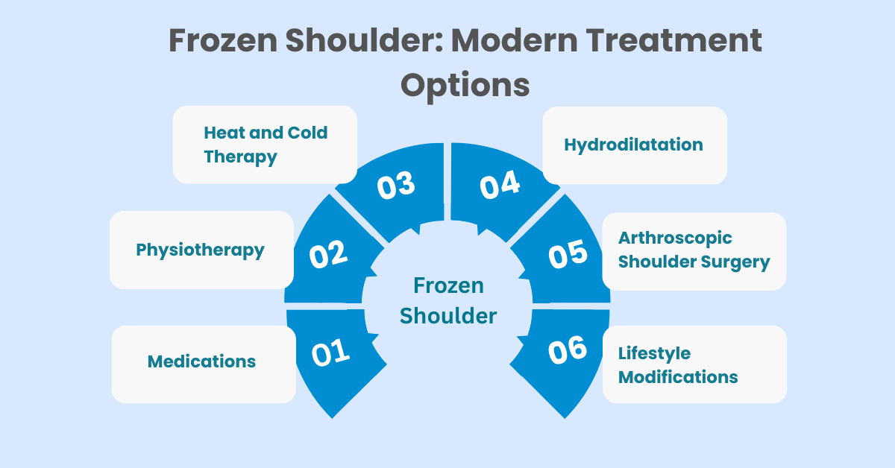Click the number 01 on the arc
pyautogui.click(x=331, y=352)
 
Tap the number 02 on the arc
pyautogui.click(x=328, y=254)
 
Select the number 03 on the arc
pyautogui.click(x=396, y=186)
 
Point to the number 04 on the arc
pyautogui.click(x=500, y=185)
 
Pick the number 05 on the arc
pyautogui.click(x=568, y=254)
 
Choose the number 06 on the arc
pyautogui.click(x=568, y=350)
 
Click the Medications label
pyautogui.click(x=201, y=361)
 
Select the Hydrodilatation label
pyautogui.click(x=633, y=145)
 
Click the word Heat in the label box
pyautogui.click(x=224, y=133)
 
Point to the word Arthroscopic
pyautogui.click(x=675, y=238)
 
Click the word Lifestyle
pyautogui.click(x=654, y=354)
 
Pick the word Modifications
pyautogui.click(x=678, y=377)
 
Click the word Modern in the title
pyautogui.click(x=514, y=40)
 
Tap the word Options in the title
pyautogui.click(x=465, y=86)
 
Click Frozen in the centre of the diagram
pyautogui.click(x=448, y=285)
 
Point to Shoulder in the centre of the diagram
pyautogui.click(x=448, y=316)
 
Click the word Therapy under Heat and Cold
pyautogui.click(x=240, y=157)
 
